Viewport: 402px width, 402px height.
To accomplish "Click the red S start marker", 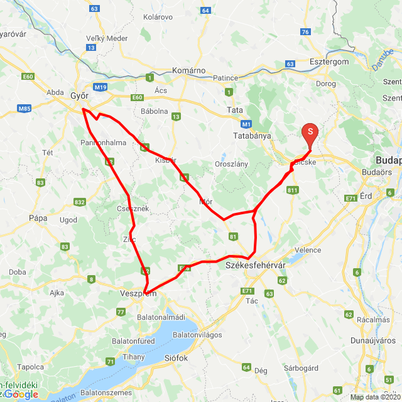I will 310,132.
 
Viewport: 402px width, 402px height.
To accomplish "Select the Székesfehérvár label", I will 251,266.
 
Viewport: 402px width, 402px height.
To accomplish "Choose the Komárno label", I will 188,70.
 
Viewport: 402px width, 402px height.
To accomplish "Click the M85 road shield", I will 24,109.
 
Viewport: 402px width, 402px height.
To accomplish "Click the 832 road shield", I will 79,202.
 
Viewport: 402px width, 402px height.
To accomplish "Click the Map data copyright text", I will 374,397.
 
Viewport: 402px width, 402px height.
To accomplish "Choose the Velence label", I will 308,250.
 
